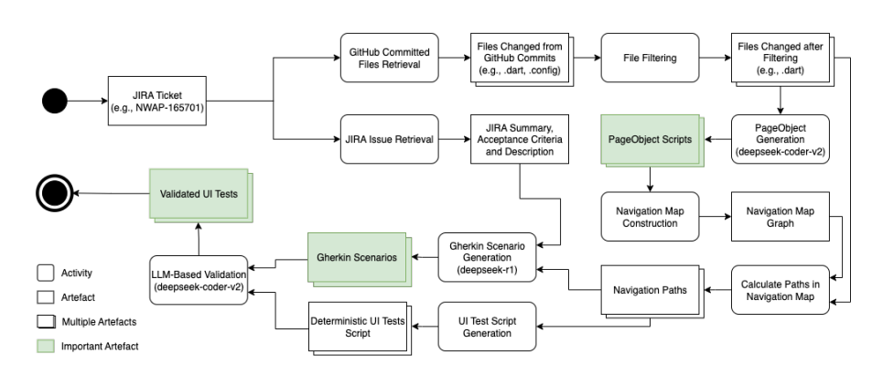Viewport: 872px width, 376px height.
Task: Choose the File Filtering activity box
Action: click(x=649, y=57)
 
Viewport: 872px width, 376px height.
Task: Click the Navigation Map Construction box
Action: click(x=649, y=217)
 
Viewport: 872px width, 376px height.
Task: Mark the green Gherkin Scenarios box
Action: click(x=357, y=259)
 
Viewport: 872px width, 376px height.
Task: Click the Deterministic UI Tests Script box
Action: click(x=358, y=327)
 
